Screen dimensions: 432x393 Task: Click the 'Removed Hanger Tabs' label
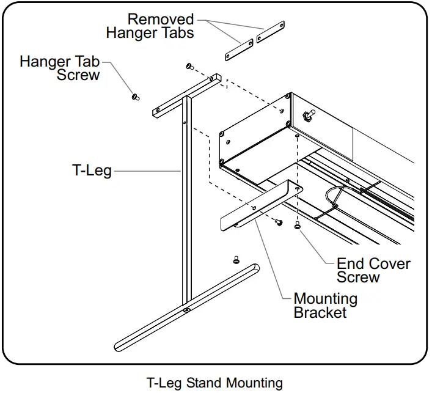(x=150, y=26)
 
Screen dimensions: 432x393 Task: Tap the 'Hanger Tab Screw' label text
(x=59, y=68)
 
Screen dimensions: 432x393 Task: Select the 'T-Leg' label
(x=92, y=171)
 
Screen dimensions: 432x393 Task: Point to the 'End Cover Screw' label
(x=373, y=270)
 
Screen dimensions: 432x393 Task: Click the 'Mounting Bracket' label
(x=326, y=306)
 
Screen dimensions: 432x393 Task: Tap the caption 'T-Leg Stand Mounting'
(x=214, y=383)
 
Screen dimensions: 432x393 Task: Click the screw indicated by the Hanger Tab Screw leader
(x=135, y=97)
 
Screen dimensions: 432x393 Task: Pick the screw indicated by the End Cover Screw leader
(x=298, y=225)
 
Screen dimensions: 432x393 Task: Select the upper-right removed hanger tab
(x=270, y=32)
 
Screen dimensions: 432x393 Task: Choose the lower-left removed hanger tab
(x=239, y=50)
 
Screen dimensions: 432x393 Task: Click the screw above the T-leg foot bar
(x=236, y=260)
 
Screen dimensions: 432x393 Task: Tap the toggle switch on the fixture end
(x=309, y=114)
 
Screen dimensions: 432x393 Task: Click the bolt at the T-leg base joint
(x=187, y=310)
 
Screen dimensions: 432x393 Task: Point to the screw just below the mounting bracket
(x=278, y=221)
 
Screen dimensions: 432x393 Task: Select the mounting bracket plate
(x=261, y=205)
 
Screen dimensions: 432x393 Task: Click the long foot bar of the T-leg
(x=187, y=307)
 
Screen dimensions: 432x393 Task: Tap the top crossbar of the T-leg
(x=187, y=95)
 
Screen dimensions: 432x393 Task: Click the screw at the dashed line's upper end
(x=190, y=66)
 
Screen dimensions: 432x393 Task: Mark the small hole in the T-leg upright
(x=185, y=123)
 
